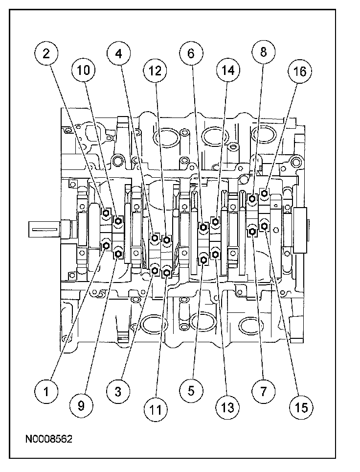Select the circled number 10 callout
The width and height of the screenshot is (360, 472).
83,71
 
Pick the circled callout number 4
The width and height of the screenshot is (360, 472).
119,54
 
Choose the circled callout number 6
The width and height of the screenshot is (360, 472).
191,54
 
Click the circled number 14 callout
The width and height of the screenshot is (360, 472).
227,71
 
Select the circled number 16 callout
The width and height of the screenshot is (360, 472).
299,71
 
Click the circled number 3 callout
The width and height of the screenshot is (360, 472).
119,391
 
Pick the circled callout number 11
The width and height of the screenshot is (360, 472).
155,407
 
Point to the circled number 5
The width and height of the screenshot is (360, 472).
191,391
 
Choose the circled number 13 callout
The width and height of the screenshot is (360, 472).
227,407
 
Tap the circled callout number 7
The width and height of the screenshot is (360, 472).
263,391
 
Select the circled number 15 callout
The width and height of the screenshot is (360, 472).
299,406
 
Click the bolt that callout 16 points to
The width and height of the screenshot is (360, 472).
264,194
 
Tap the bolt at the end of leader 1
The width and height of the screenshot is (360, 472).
106,244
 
